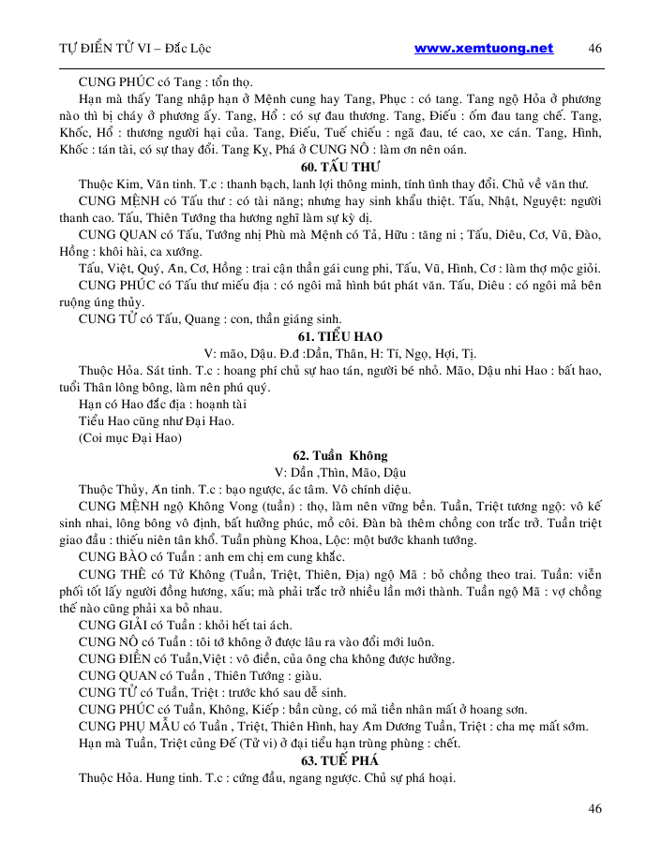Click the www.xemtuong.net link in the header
[x=483, y=49]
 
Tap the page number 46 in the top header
[x=594, y=49]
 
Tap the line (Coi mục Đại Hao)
[x=128, y=437]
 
